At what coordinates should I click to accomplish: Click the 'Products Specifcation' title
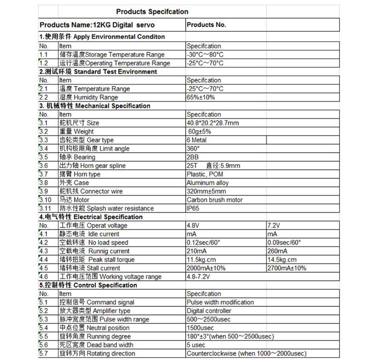152,12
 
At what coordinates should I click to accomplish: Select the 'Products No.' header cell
206,25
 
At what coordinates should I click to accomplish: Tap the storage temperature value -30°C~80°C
205,55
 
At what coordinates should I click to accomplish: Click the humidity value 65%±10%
201,97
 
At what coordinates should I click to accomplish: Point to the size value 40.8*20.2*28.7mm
213,123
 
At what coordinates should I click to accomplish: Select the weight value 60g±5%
199,131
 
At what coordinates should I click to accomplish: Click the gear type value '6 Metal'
196,140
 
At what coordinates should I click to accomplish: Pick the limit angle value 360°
193,148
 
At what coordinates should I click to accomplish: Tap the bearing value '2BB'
193,157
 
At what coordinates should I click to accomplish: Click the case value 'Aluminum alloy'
207,183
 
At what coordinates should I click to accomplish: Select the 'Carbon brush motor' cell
214,200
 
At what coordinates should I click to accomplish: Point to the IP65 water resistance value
193,208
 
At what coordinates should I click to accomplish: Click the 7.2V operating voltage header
274,226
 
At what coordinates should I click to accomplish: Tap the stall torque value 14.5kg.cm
282,260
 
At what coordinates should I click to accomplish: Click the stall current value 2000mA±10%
206,268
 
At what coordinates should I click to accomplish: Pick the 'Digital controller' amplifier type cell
209,311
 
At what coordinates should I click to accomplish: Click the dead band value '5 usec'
196,345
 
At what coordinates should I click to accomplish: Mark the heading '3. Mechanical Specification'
95,106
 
